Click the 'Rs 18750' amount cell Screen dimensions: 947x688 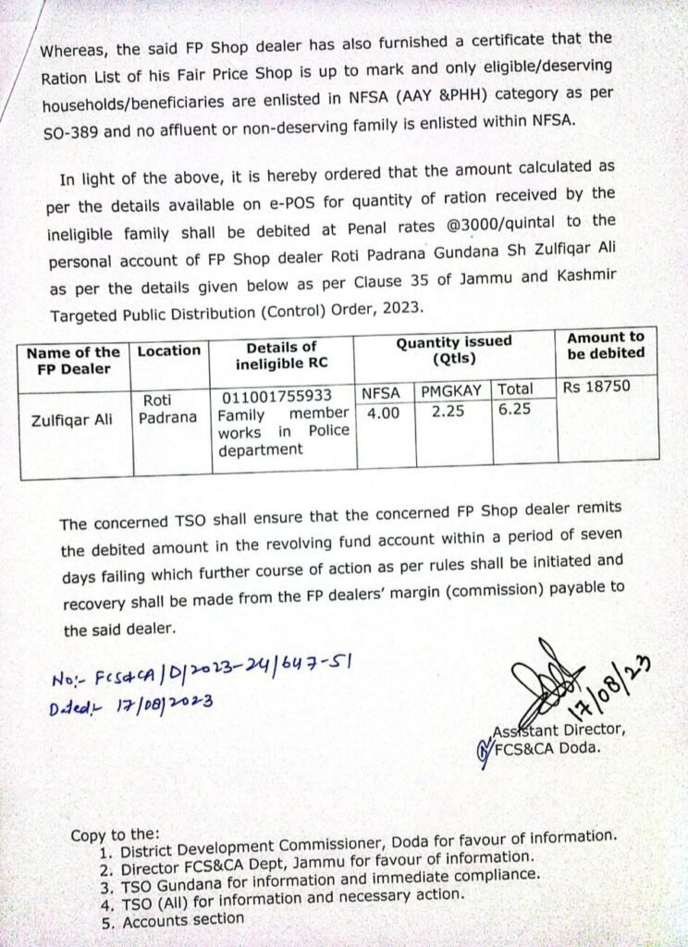click(x=597, y=387)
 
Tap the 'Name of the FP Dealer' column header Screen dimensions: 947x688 click(x=73, y=360)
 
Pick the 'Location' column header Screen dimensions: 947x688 click(x=169, y=351)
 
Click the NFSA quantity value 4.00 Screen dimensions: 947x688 click(x=383, y=413)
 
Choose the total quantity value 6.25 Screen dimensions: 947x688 click(x=514, y=409)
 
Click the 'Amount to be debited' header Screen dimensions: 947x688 click(x=606, y=345)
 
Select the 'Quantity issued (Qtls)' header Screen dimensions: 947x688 click(x=453, y=351)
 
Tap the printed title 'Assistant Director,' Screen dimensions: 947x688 click(x=565, y=731)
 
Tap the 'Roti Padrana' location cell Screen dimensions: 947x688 click(x=168, y=408)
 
